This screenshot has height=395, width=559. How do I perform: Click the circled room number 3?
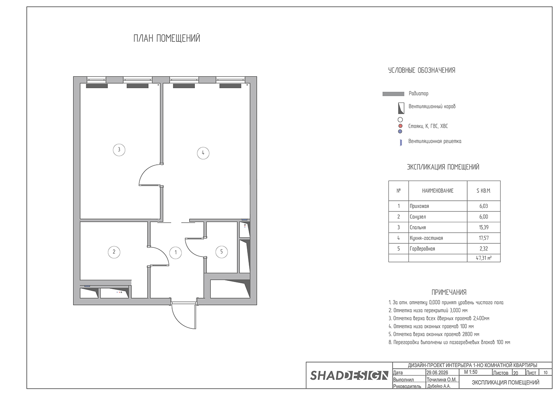point(119,150)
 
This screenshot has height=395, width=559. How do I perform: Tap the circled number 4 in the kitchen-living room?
point(203,153)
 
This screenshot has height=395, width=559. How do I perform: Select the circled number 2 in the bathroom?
point(114,252)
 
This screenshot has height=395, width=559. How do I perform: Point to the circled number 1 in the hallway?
point(175,253)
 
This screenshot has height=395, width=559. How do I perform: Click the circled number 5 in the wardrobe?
point(222,252)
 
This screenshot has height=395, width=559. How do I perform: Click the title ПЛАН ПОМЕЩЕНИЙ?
point(167,39)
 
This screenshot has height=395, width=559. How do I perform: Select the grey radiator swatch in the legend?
point(393,94)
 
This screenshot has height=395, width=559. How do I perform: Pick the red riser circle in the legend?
point(400,126)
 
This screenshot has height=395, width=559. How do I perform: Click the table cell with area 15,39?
point(484,227)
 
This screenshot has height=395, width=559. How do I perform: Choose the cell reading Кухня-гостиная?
point(438,238)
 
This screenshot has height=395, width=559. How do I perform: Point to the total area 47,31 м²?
point(484,258)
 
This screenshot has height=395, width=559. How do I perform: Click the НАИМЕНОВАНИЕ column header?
point(438,191)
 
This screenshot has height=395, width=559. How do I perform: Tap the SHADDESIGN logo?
point(349,375)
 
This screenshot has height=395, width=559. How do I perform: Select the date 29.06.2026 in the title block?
point(437,373)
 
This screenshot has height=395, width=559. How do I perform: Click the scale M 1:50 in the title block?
point(471,372)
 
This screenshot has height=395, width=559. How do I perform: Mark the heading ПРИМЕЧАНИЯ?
point(449,292)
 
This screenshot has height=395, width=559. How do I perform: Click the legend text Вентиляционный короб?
point(432,107)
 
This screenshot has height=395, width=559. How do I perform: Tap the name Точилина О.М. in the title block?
point(442,379)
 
